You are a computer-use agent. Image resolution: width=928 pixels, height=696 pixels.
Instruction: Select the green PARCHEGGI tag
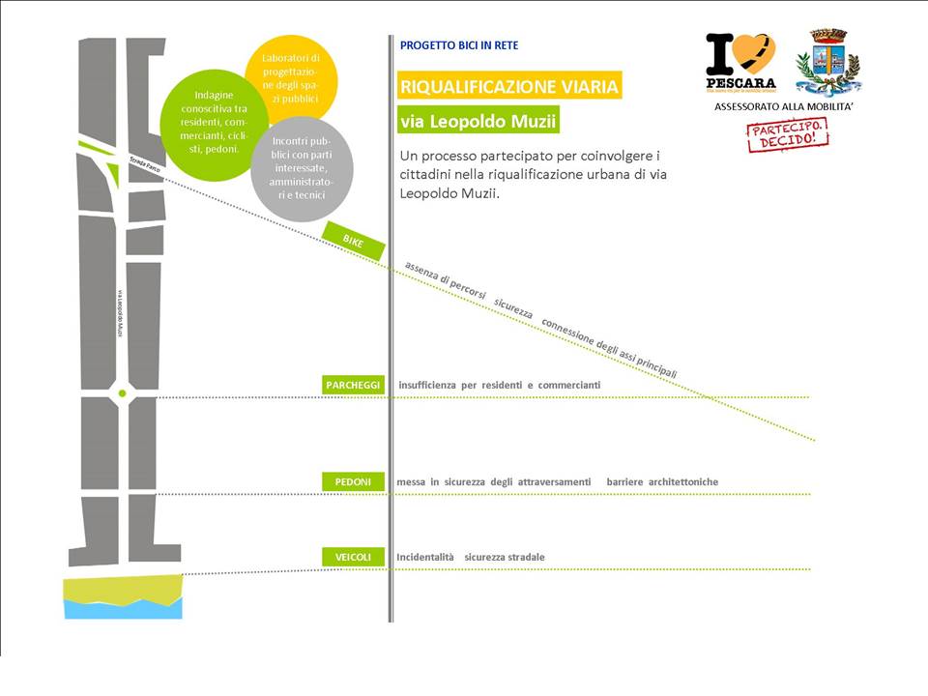point(353,385)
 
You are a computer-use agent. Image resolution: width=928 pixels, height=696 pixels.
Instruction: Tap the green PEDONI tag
point(353,481)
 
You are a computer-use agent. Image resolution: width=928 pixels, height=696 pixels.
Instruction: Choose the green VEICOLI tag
point(353,557)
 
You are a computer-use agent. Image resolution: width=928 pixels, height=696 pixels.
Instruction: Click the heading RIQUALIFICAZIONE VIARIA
point(509,86)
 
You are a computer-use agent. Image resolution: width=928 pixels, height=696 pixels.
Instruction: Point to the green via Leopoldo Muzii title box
point(478,122)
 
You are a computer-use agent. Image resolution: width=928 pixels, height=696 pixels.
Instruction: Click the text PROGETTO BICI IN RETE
point(460,45)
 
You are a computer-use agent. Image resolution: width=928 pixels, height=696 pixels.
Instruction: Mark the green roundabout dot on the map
point(122,392)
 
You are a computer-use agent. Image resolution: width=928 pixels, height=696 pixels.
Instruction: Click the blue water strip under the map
point(123,608)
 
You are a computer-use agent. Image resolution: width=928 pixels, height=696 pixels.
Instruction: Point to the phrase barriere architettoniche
point(662,481)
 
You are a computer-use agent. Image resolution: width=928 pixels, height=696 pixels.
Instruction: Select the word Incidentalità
point(425,557)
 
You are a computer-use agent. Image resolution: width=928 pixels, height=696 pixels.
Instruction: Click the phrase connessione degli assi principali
point(608,348)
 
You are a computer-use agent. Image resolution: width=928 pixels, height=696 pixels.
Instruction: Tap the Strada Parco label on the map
point(146,165)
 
